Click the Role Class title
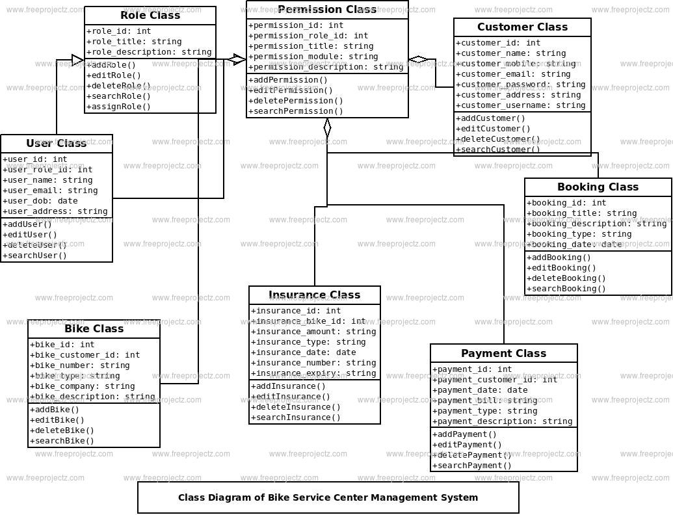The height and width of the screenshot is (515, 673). (x=150, y=16)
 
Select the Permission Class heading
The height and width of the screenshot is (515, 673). (x=327, y=10)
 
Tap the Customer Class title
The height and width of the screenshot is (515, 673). (x=522, y=27)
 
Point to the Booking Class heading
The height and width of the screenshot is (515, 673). (x=598, y=187)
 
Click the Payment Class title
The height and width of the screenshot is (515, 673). (x=503, y=354)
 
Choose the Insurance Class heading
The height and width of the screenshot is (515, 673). (x=314, y=295)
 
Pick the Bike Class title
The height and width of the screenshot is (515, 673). (x=94, y=329)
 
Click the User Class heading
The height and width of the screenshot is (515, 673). (x=57, y=144)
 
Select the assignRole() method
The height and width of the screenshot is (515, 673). (x=118, y=107)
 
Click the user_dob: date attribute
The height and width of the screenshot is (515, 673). (x=40, y=201)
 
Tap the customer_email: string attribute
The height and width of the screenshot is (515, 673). (x=513, y=74)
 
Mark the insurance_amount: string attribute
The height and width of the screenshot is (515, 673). (x=313, y=332)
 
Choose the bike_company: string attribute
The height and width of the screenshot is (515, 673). (x=82, y=386)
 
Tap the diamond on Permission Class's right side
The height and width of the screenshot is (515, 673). (x=418, y=60)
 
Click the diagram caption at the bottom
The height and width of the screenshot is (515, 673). (x=328, y=497)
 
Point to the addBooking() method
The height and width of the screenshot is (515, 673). (x=559, y=257)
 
